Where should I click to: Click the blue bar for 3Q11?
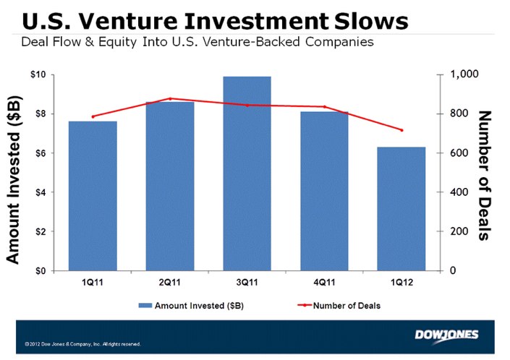[x=247, y=173]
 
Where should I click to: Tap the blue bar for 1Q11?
[x=93, y=196]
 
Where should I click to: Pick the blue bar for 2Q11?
[x=170, y=186]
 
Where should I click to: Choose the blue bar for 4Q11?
[x=325, y=191]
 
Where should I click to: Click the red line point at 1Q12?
[x=402, y=130]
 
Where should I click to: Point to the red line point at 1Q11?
[x=93, y=116]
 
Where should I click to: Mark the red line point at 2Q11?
[x=170, y=98]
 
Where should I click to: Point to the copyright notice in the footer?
[x=82, y=343]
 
